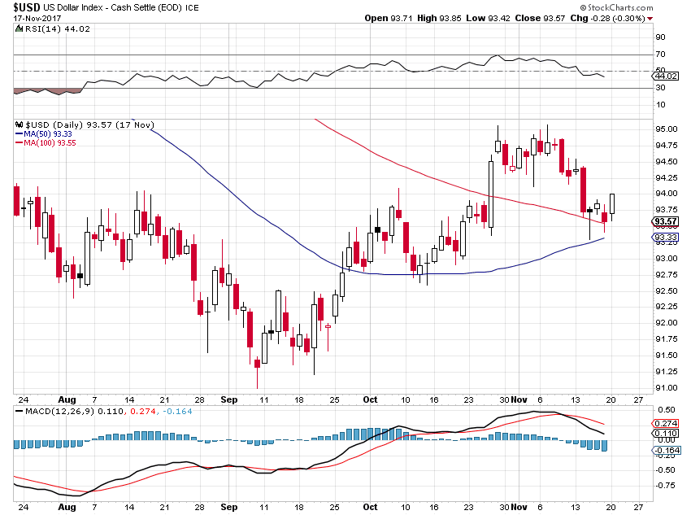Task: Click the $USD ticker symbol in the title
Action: click(27, 7)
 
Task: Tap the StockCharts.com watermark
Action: click(616, 7)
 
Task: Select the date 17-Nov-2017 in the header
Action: click(37, 18)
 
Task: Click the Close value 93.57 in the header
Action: click(554, 18)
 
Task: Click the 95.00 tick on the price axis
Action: click(667, 129)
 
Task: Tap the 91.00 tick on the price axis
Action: click(667, 388)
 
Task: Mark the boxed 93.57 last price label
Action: click(666, 221)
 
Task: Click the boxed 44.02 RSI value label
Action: click(666, 76)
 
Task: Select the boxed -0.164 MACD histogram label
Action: click(667, 450)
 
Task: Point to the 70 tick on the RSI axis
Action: click(660, 55)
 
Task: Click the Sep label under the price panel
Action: click(229, 399)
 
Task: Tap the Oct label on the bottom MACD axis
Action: click(370, 507)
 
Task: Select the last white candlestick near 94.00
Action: click(612, 203)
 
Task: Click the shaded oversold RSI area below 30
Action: click(48, 91)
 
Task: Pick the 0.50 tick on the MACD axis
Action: click(667, 410)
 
